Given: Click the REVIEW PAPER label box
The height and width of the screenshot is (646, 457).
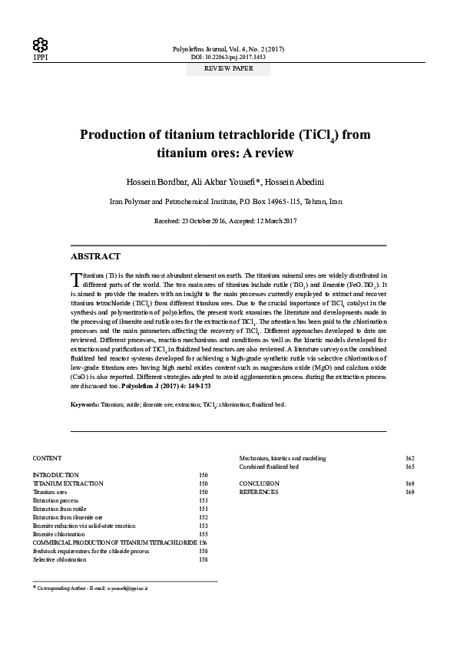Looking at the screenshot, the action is (228, 68).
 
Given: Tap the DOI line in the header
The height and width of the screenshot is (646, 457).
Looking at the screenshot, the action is (228, 57).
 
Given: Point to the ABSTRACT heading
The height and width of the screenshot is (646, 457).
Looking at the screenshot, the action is (94, 255).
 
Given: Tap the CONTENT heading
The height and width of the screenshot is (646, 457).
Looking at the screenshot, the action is (47, 457).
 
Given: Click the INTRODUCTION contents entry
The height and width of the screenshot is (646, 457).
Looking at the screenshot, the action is (56, 476).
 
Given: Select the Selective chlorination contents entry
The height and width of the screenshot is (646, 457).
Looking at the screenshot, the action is (60, 559).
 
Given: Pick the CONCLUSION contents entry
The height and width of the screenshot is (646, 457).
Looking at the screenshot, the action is (259, 483).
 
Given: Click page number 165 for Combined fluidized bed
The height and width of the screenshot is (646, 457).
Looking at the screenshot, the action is (409, 466).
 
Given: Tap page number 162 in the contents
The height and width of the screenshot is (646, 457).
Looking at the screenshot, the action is (409, 458).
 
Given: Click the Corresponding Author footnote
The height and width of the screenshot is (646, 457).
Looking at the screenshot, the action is (92, 587).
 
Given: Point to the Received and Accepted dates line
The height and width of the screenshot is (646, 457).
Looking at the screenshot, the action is (228, 221).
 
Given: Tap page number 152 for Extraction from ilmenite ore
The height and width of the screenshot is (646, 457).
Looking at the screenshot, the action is (203, 517).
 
